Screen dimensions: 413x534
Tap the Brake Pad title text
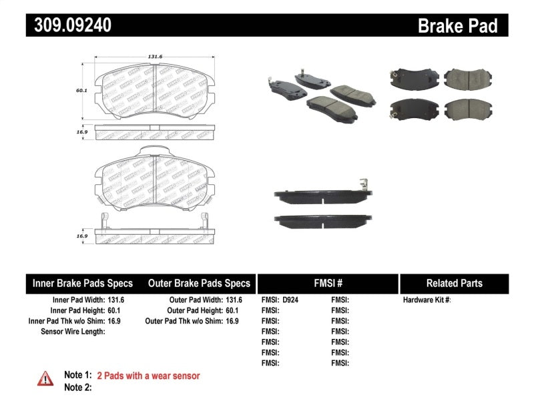(457, 25)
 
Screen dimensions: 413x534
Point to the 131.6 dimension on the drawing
(155, 57)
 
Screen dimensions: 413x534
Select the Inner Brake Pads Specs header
(83, 283)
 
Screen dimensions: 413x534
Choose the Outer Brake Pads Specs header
(199, 283)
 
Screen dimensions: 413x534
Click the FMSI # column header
(327, 283)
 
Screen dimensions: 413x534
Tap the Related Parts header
(455, 283)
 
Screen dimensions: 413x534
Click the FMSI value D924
(291, 300)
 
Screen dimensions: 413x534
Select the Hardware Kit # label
(427, 300)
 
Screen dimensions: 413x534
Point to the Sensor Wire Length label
(73, 331)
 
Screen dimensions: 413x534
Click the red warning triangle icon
(45, 378)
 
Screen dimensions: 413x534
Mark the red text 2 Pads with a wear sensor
(148, 376)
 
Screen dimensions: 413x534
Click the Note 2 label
(77, 388)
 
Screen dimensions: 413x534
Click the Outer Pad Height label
(194, 310)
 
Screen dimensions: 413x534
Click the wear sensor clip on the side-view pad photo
(363, 186)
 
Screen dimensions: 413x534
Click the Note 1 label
(77, 376)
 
